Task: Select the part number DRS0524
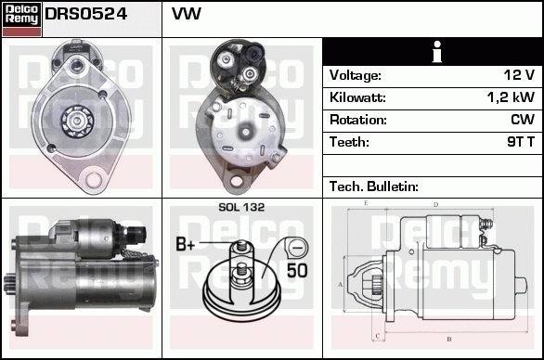(x=86, y=15)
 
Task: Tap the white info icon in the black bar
(x=432, y=52)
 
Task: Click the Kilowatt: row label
(x=357, y=97)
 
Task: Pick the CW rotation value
(x=523, y=120)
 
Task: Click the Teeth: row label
(x=349, y=142)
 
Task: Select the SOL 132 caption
(x=240, y=207)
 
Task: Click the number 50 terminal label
(x=297, y=271)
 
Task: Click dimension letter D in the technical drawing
(x=435, y=204)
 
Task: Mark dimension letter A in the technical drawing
(x=340, y=283)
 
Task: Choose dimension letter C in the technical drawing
(x=375, y=336)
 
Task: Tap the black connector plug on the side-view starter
(x=138, y=229)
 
